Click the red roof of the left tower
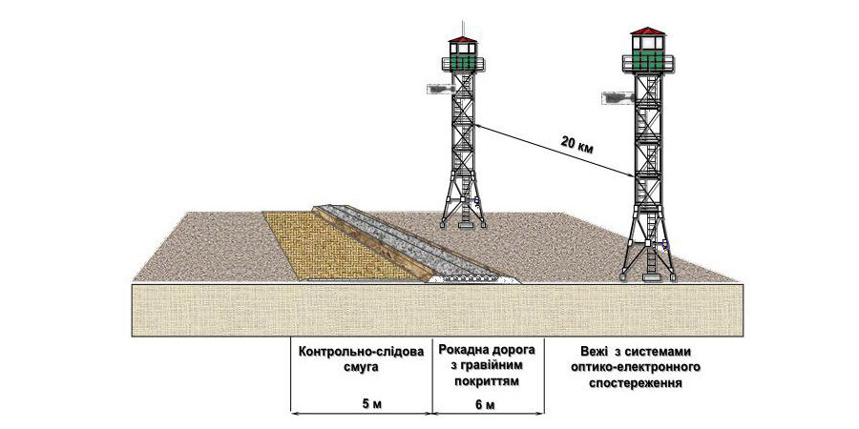point(462,41)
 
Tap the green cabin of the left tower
point(462,58)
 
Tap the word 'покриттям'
point(487,380)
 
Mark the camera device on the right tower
point(618,95)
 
